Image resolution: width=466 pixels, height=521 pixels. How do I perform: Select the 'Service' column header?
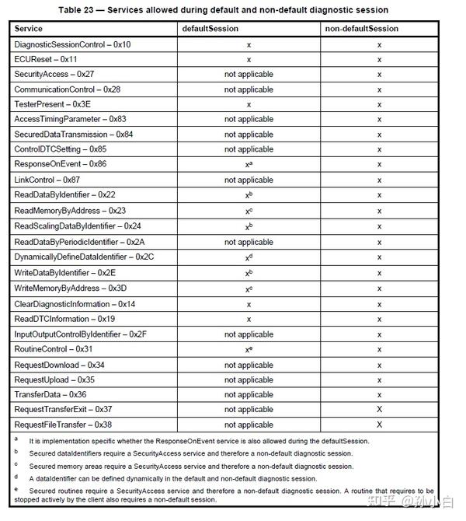[29, 29]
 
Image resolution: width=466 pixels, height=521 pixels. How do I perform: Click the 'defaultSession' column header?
[210, 29]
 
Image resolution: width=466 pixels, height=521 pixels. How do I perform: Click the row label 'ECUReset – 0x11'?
[46, 59]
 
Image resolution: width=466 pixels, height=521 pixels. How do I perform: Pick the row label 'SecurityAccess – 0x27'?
[55, 75]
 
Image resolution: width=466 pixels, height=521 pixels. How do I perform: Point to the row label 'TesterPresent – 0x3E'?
[53, 104]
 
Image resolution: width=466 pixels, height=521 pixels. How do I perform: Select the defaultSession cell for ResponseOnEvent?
[249, 165]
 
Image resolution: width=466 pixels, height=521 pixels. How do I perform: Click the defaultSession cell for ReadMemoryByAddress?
[249, 210]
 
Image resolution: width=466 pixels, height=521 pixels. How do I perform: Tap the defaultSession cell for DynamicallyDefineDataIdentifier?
[249, 255]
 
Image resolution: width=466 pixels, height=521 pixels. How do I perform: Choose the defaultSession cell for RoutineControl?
[249, 349]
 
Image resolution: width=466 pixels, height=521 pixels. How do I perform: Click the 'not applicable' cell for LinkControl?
[249, 180]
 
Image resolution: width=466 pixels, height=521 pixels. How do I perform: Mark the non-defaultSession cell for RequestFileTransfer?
[379, 425]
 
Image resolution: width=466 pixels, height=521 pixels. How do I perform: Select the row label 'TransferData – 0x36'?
[50, 394]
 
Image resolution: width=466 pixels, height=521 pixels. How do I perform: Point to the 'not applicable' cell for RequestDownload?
[249, 365]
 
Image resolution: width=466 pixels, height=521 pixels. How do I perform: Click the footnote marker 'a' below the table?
[16, 439]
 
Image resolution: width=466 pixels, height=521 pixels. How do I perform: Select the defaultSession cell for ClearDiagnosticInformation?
[249, 304]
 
